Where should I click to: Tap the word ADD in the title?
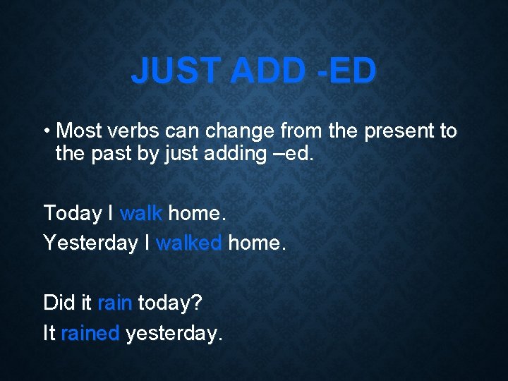point(272,71)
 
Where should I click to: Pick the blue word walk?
point(141,212)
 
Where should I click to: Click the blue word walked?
point(188,243)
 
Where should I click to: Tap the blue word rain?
point(114,303)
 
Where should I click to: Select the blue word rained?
point(90,334)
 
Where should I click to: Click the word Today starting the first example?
point(73,212)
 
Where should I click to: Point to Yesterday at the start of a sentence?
point(90,243)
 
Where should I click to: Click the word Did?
point(57,303)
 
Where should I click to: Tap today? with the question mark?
point(169,303)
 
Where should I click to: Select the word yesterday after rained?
point(174,334)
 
